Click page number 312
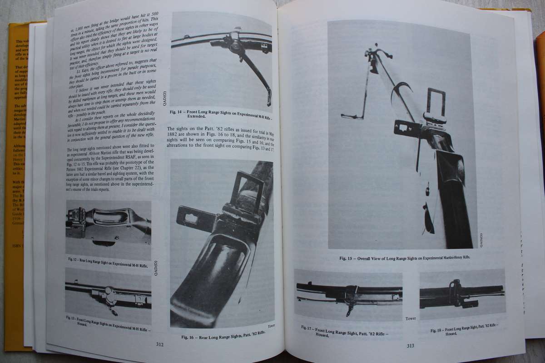coord(160,344)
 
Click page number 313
coord(410,346)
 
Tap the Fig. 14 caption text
coord(222,113)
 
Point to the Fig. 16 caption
coord(223,337)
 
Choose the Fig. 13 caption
coord(109,321)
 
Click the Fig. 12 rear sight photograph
coord(108,227)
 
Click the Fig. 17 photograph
coord(348,294)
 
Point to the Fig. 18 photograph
coord(462,293)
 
